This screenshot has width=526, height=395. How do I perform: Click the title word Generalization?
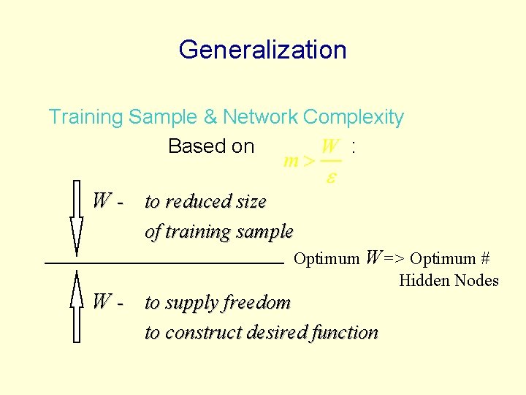(x=262, y=50)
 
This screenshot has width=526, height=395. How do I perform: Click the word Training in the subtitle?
(x=85, y=117)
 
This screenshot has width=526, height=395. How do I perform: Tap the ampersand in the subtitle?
(x=210, y=117)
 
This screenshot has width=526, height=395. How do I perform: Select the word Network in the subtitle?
(x=260, y=117)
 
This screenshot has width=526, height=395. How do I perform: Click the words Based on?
(x=210, y=146)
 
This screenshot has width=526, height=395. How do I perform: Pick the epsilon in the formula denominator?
(x=330, y=177)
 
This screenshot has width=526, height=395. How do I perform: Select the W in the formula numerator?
(x=330, y=146)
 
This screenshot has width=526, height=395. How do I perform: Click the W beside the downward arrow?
(x=102, y=200)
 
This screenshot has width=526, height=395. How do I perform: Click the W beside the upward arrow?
(x=102, y=301)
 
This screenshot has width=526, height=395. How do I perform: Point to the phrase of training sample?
(x=219, y=232)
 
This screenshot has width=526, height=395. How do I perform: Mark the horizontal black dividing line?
(x=164, y=261)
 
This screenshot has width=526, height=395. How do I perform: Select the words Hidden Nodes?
(x=449, y=280)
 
